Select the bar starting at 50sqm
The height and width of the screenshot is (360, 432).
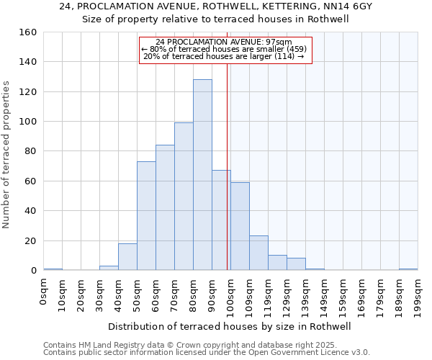(x=146, y=216)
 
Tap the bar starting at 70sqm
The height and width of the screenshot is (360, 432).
(x=184, y=197)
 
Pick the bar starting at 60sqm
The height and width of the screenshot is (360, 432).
(x=165, y=208)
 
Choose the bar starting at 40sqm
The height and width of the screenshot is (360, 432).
(x=127, y=257)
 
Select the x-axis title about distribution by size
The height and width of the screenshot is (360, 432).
(x=234, y=326)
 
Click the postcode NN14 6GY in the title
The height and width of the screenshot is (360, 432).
(x=347, y=6)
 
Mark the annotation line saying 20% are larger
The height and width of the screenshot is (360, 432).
(x=224, y=56)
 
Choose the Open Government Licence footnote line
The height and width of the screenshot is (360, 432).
(x=207, y=353)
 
